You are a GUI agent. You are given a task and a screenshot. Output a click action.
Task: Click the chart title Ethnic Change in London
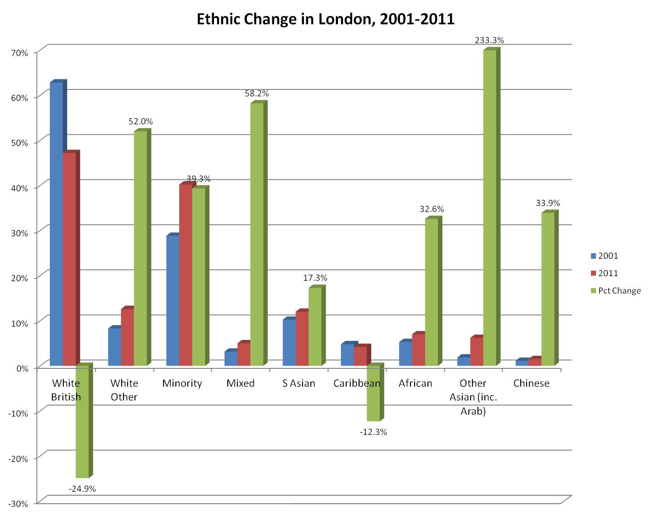[x=325, y=19]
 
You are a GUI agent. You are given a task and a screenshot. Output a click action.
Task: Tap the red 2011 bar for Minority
[x=185, y=275]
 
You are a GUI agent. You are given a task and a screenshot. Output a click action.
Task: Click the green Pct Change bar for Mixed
[x=257, y=234]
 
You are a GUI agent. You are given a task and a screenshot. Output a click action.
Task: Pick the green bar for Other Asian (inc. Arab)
[x=489, y=206]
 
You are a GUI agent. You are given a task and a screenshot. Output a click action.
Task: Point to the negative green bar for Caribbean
[x=373, y=394]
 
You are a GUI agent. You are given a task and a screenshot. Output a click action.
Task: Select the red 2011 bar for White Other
[x=127, y=337]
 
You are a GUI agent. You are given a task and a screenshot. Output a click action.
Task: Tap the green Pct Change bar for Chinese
[x=548, y=289]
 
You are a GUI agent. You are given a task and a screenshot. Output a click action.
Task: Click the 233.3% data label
[x=489, y=40]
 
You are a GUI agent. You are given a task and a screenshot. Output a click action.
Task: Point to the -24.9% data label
[x=82, y=489]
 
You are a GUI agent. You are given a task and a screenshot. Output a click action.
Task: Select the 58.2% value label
[x=257, y=94]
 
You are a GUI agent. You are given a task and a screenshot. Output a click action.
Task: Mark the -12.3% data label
[x=373, y=432]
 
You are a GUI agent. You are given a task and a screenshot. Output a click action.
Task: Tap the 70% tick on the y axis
[x=19, y=53]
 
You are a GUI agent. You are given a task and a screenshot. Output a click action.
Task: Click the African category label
[x=415, y=384]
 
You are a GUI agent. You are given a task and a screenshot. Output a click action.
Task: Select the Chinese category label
[x=531, y=384]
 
